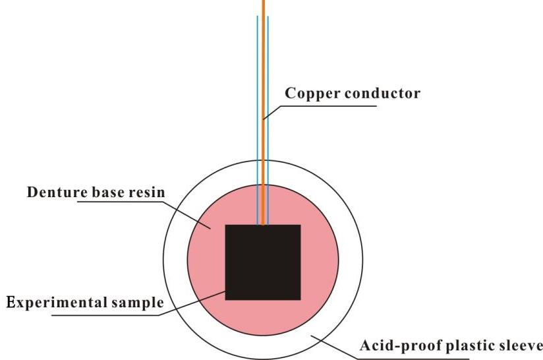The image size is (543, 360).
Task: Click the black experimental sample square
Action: point(263,262)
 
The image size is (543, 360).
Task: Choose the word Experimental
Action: point(57,303)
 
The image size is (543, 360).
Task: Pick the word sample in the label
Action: point(138,303)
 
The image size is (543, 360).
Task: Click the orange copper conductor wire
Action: point(263,113)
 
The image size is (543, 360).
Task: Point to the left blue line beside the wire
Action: point(257,121)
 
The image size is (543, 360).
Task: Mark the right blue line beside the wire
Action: point(268,121)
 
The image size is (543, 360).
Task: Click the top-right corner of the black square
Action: point(300,225)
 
